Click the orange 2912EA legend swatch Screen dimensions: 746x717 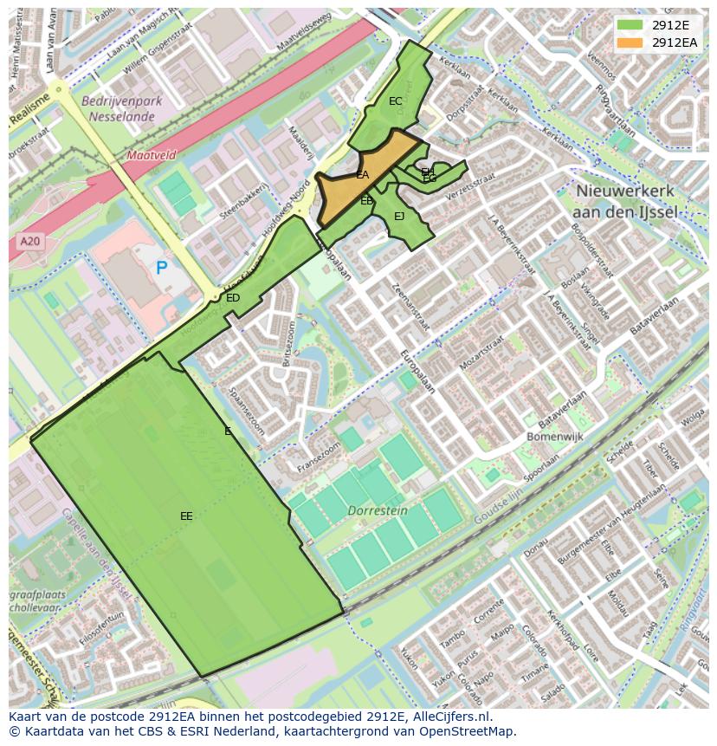pyautogui.click(x=630, y=42)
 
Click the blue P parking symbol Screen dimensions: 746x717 pyautogui.click(x=161, y=269)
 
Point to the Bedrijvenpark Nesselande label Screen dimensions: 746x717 pyautogui.click(x=122, y=107)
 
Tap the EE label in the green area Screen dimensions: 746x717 pyautogui.click(x=186, y=516)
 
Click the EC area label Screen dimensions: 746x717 pyautogui.click(x=395, y=101)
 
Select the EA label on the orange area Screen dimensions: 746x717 pyautogui.click(x=363, y=175)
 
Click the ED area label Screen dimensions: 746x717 pyautogui.click(x=232, y=298)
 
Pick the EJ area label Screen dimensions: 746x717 pyautogui.click(x=399, y=217)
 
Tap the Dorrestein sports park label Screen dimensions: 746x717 pyautogui.click(x=378, y=511)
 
